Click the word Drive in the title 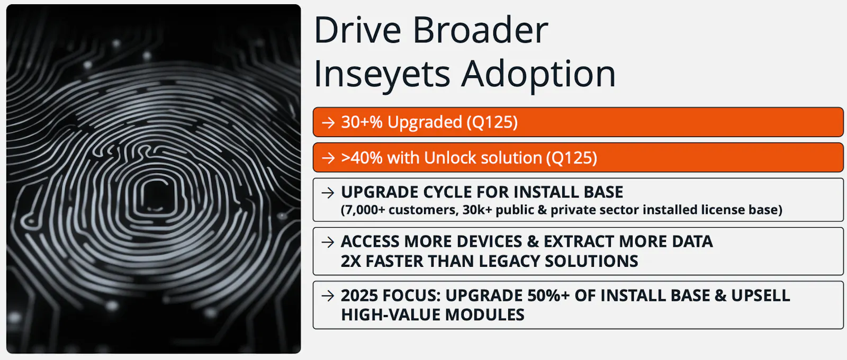pos(357,30)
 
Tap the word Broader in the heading pos(481,30)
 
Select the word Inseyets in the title pos(382,74)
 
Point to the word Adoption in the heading pos(539,74)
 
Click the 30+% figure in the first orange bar pos(362,122)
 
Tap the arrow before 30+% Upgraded pos(328,122)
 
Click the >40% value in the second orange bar pos(362,158)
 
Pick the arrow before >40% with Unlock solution pos(328,158)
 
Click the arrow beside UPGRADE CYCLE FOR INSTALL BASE pos(328,193)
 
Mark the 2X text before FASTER pos(351,261)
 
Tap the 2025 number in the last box pos(359,295)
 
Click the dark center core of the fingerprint pos(156,195)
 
